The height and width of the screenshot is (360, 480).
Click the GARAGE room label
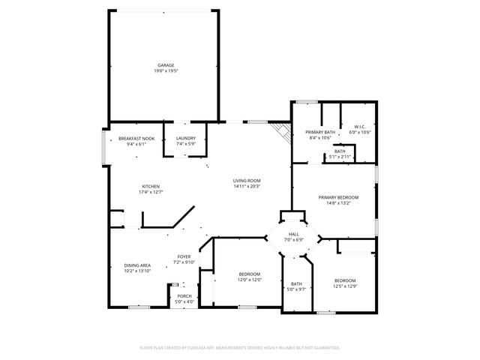pyautogui.click(x=166, y=65)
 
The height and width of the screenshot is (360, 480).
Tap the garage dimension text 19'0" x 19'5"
pyautogui.click(x=166, y=70)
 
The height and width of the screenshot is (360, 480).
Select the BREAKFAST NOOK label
pyautogui.click(x=136, y=139)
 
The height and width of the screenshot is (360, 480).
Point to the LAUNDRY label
pyautogui.click(x=186, y=139)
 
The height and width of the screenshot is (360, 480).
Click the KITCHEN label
pyautogui.click(x=151, y=187)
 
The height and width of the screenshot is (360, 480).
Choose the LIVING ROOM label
pyautogui.click(x=246, y=181)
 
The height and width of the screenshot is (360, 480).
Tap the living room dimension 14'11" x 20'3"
pyautogui.click(x=246, y=186)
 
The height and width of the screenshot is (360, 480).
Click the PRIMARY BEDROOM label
pyautogui.click(x=342, y=197)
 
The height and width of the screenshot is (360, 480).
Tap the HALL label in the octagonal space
pyautogui.click(x=293, y=235)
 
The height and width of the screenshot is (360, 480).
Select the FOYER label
pyautogui.click(x=184, y=256)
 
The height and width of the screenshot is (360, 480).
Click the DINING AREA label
pyautogui.click(x=137, y=265)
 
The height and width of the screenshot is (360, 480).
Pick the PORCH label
pyautogui.click(x=184, y=296)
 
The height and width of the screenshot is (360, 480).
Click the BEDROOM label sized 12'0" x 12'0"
pyautogui.click(x=249, y=274)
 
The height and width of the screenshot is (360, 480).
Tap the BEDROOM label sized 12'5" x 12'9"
pyautogui.click(x=345, y=280)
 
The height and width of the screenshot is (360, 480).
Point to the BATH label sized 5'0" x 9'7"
pyautogui.click(x=296, y=283)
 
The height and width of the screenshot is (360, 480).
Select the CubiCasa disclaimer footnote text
pyautogui.click(x=240, y=347)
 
